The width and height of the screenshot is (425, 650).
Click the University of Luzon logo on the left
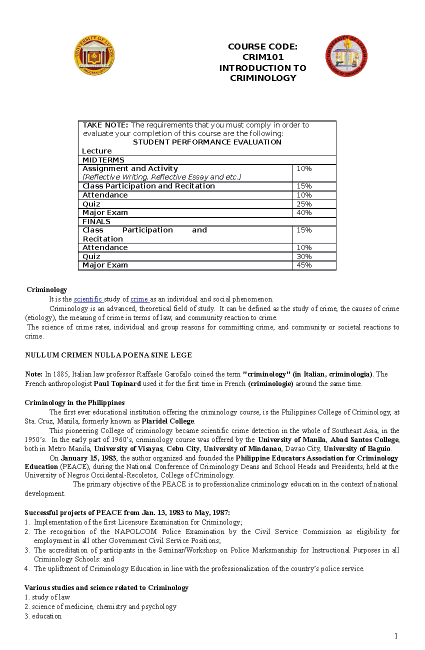[x=94, y=55]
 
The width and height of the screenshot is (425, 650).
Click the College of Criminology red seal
[x=346, y=56]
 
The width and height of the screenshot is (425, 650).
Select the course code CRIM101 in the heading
[x=263, y=57]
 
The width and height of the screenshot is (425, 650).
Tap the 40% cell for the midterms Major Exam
[x=304, y=213]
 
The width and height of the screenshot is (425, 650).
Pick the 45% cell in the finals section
[x=304, y=265]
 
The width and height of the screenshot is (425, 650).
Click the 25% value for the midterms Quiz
[x=304, y=204]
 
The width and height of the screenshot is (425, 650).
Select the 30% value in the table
[x=304, y=256]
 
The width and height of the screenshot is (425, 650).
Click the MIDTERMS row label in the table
[x=103, y=160]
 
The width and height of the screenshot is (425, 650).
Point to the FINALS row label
[x=96, y=221]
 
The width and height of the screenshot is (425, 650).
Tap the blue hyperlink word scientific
[x=88, y=299]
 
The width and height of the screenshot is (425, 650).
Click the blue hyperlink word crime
[x=139, y=299]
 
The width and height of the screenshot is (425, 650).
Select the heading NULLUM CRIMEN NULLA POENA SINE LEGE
[x=108, y=355]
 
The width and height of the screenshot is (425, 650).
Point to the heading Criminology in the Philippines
[x=74, y=402]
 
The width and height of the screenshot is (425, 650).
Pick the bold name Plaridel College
[x=168, y=421]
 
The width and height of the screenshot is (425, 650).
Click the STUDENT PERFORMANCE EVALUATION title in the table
[x=207, y=142]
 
